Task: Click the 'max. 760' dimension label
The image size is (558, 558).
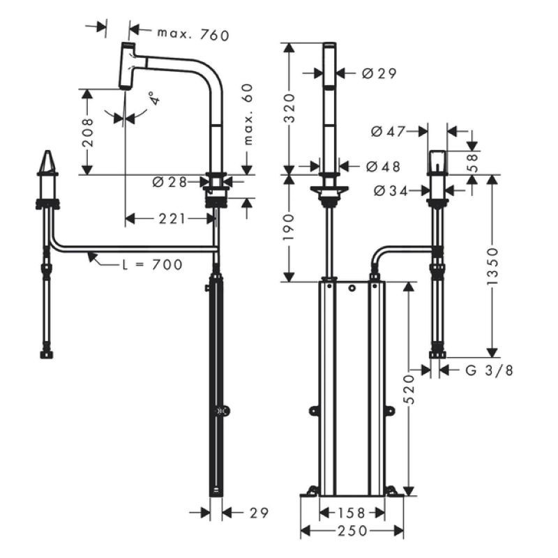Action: coord(193,34)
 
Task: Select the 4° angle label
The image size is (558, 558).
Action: coord(153,98)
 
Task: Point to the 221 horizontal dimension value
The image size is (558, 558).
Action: coord(172,218)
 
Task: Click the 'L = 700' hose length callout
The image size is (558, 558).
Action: coord(152,264)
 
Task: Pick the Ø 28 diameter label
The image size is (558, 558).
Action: coord(169,182)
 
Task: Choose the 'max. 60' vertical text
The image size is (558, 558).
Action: coord(248,114)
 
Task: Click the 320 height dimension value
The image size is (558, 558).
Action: coord(289,108)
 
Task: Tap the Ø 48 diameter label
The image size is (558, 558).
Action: coord(383,166)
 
